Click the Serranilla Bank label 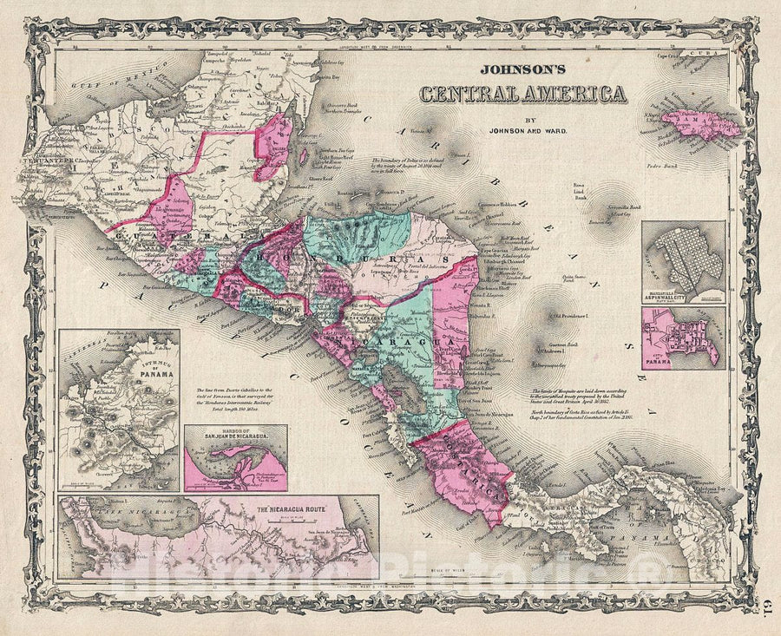(x=622, y=208)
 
